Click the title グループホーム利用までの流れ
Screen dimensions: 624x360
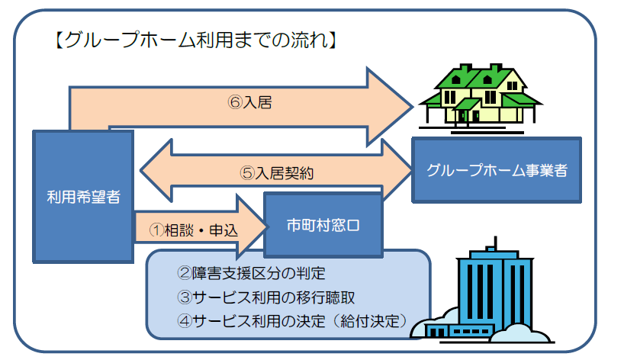[x=196, y=40]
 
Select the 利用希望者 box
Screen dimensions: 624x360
[x=83, y=197]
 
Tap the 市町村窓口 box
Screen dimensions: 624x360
[x=323, y=225]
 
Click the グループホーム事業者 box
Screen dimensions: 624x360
[x=497, y=170]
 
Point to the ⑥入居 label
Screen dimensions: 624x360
[x=250, y=102]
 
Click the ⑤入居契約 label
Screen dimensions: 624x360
[x=277, y=173]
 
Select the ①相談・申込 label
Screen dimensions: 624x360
[x=194, y=230]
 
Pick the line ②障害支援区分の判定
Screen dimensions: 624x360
[x=251, y=273]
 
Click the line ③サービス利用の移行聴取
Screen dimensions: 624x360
[x=265, y=297]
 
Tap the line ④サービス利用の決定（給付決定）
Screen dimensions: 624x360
[x=292, y=321]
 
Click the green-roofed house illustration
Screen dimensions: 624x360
[x=481, y=98]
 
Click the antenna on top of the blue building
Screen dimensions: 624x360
[x=495, y=243]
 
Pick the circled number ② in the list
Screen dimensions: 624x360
[x=185, y=273]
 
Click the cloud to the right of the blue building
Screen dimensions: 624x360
[x=521, y=333]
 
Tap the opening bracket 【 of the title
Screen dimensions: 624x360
[x=59, y=40]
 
